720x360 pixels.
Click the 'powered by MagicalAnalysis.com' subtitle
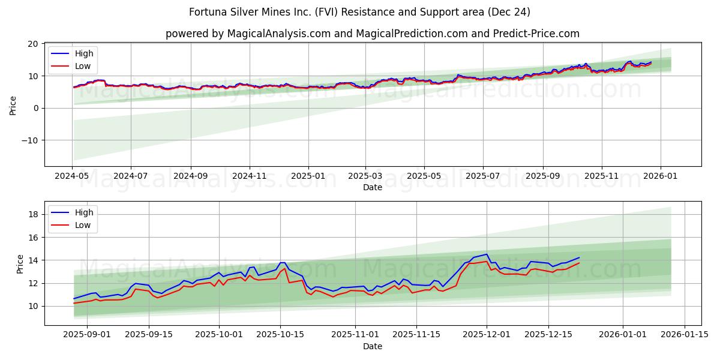point(372,34)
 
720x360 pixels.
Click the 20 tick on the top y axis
point(32,44)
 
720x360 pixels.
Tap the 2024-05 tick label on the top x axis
point(72,176)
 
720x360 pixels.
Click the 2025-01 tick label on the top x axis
point(308,176)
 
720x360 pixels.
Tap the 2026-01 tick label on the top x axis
point(661,176)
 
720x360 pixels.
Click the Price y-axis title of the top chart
point(13,105)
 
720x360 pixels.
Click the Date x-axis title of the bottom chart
point(372,346)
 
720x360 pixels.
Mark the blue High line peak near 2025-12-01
point(487,254)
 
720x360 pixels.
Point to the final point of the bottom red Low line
point(579,263)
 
